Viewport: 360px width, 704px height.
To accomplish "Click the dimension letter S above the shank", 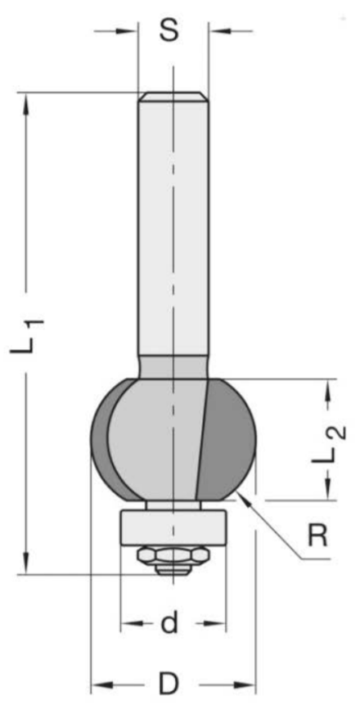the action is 169,31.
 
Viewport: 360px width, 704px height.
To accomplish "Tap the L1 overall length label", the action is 27,336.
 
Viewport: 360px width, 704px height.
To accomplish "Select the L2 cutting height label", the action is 331,445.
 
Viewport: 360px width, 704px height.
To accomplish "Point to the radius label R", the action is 318,536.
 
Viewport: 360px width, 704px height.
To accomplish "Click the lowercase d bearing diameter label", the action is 169,623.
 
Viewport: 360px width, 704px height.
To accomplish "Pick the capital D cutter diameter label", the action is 169,684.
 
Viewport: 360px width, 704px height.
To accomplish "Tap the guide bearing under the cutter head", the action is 173,527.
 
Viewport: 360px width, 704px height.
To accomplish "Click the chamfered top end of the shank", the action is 173,97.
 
